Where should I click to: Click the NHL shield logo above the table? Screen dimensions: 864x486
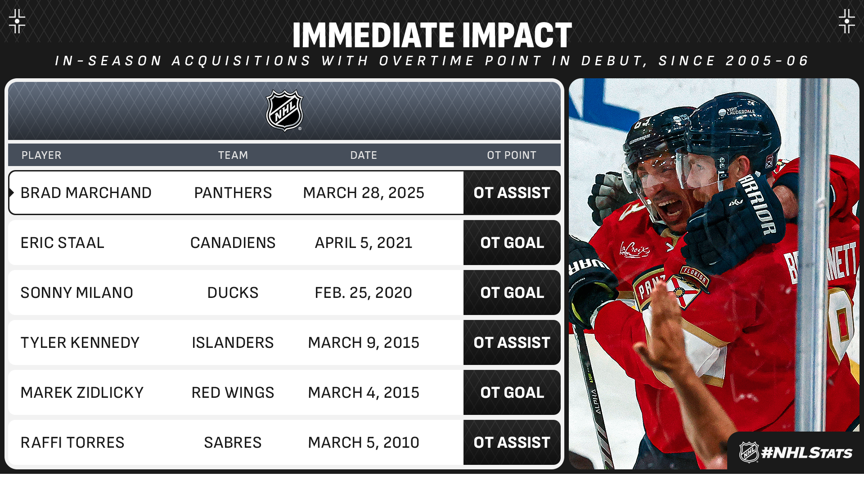coord(284,111)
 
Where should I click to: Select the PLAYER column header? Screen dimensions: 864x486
coord(41,155)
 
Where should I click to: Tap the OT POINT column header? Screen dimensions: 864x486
coord(512,155)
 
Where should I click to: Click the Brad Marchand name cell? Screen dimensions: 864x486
coord(86,193)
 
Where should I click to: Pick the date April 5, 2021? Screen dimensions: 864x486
coord(364,243)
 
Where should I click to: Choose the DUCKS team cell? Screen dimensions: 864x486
coord(233,292)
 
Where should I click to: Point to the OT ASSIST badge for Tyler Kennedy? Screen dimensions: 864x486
coord(512,342)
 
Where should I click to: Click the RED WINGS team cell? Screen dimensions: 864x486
coord(233,392)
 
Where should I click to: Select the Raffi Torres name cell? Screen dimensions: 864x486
coord(72,442)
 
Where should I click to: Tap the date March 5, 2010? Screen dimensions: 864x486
coord(364,442)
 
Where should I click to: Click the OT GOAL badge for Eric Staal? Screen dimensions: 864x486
coord(512,243)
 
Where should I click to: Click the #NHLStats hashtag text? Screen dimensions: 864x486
coord(806,453)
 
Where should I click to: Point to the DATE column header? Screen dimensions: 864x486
coord(364,155)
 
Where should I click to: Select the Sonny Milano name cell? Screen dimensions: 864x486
coord(77,292)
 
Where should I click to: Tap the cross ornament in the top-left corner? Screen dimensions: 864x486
coord(17,21)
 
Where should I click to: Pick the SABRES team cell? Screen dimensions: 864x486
coord(233,442)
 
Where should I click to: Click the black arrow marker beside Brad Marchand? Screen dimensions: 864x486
coord(12,193)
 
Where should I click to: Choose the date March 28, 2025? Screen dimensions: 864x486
coord(364,193)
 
